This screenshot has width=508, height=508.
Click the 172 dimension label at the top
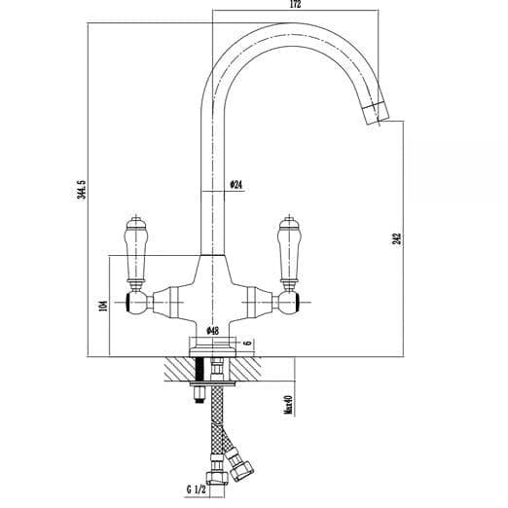[296, 6]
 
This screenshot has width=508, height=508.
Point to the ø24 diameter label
[236, 184]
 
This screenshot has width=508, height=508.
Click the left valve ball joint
[137, 303]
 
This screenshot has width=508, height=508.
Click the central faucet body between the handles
[213, 292]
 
